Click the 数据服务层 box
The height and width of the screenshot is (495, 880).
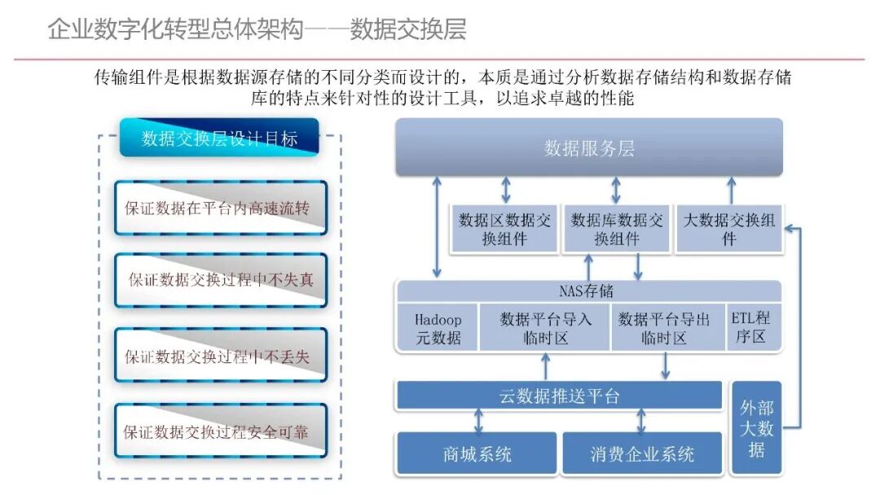pos(589,147)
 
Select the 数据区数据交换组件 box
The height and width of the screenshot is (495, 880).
pos(504,230)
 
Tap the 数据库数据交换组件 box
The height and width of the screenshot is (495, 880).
pos(616,230)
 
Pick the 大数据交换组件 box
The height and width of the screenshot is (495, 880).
pos(728,230)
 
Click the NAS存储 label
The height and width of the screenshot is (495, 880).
pos(587,291)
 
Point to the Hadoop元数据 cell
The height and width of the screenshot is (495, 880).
pos(438,328)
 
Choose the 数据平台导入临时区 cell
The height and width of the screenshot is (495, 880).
pos(545,328)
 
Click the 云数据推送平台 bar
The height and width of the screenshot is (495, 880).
pos(559,396)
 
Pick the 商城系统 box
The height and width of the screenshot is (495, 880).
pos(477,453)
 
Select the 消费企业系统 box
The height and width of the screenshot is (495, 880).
pos(642,453)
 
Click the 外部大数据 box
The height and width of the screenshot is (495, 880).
pos(756,427)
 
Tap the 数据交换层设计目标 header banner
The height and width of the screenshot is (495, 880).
pos(219,138)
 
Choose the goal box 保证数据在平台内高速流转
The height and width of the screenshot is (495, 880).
pos(221,208)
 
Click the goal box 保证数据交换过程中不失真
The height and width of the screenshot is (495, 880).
pos(221,280)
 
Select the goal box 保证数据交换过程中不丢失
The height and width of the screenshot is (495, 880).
pos(221,356)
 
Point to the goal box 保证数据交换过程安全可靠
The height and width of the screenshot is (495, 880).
pos(221,431)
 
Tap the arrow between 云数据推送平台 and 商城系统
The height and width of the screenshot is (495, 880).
pos(478,421)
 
